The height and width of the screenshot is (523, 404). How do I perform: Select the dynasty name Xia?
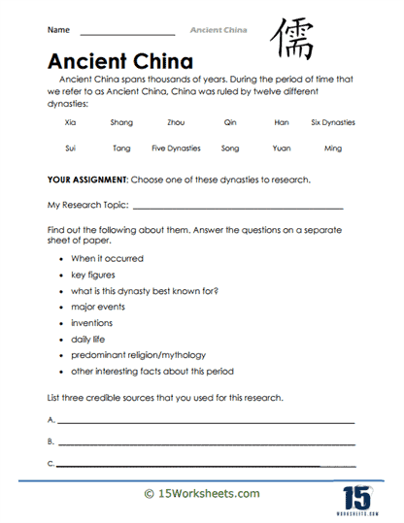70,123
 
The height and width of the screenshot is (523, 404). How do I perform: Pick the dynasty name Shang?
122,123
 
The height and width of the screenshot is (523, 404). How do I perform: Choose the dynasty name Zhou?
177,123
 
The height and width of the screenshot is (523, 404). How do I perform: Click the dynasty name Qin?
229,123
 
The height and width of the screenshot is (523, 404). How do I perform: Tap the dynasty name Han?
283,123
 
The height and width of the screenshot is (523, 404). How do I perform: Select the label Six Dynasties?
333,123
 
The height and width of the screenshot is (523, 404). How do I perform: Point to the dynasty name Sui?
69,148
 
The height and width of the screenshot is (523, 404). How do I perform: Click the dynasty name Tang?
121,148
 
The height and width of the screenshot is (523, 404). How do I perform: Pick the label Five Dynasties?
176,148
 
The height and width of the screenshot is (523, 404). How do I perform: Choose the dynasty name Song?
229,148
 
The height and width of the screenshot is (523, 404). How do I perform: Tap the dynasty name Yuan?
282,148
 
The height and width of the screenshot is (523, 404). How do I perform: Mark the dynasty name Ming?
333,148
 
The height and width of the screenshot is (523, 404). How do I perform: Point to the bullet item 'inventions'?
91,323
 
